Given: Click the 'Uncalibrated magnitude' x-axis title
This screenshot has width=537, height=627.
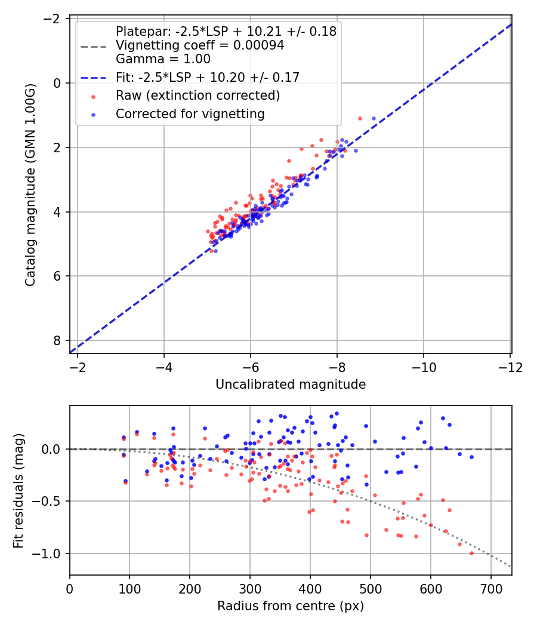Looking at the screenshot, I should pyautogui.click(x=290, y=385).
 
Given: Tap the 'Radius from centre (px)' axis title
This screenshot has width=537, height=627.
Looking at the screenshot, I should pyautogui.click(x=290, y=607).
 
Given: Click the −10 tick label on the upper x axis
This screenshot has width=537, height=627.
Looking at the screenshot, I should pyautogui.click(x=424, y=367).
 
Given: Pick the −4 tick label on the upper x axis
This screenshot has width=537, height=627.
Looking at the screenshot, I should pyautogui.click(x=164, y=367).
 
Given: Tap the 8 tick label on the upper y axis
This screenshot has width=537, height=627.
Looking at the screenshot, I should pyautogui.click(x=58, y=340).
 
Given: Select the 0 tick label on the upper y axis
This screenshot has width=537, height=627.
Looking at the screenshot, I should pyautogui.click(x=58, y=83).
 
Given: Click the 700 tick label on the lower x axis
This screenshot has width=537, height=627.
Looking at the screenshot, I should pyautogui.click(x=490, y=589).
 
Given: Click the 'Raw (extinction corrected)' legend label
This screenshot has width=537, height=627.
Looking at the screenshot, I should pyautogui.click(x=197, y=96).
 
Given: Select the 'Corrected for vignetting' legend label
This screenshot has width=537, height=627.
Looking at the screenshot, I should pyautogui.click(x=190, y=113).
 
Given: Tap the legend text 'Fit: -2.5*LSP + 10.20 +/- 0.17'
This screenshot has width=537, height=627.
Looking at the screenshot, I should pyautogui.click(x=208, y=77).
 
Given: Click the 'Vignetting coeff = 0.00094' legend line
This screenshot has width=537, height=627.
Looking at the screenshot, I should pyautogui.click(x=200, y=45).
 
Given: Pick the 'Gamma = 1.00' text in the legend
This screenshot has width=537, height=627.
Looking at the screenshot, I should pyautogui.click(x=163, y=59).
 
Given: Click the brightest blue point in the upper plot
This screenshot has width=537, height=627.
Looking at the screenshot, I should pyautogui.click(x=374, y=118).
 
